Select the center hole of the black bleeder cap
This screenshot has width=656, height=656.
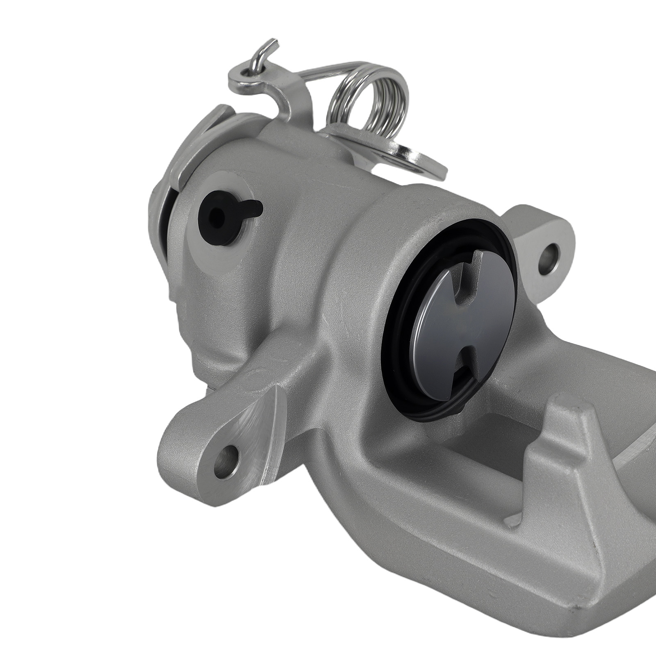click(214, 214)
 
